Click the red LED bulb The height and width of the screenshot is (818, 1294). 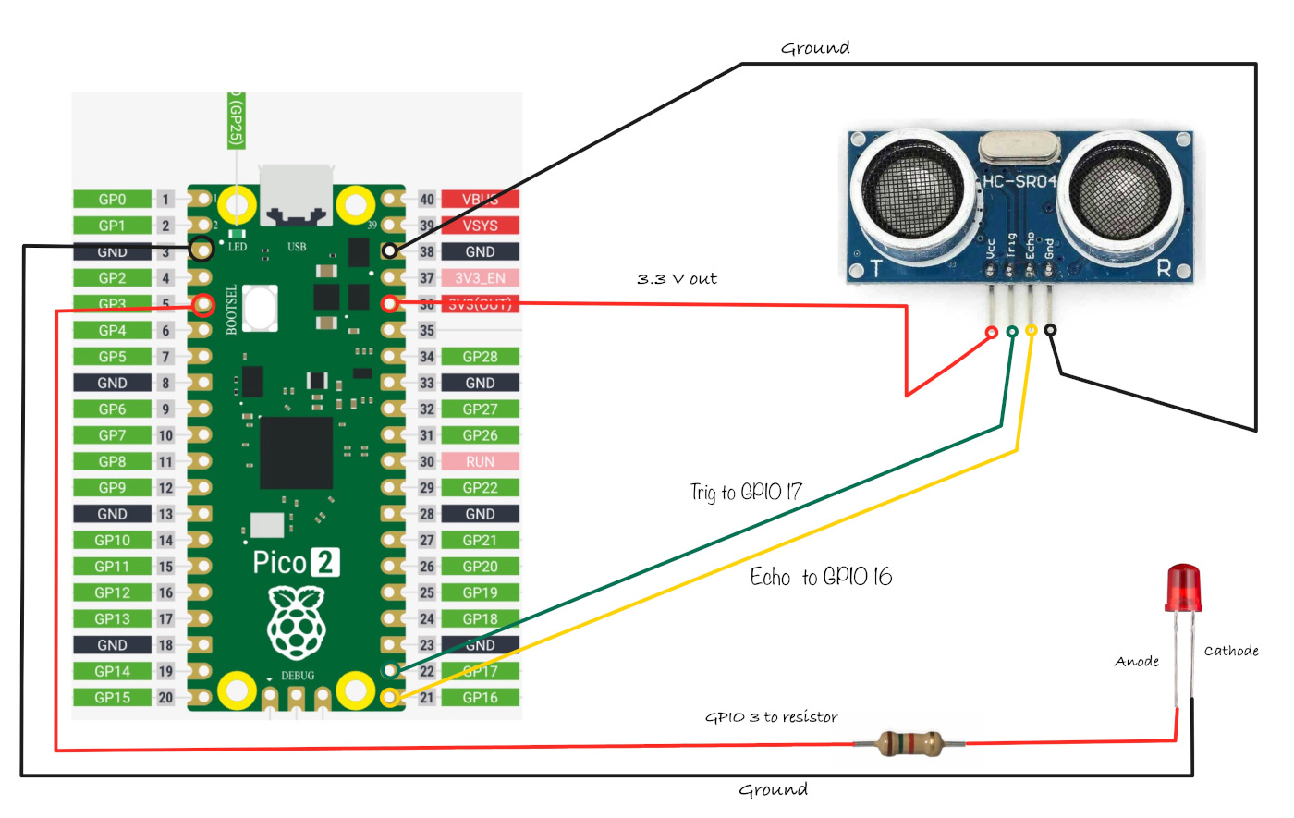pyautogui.click(x=1183, y=588)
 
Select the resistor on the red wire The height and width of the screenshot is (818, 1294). pyautogui.click(x=909, y=743)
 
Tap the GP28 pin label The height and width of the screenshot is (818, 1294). pyautogui.click(x=480, y=357)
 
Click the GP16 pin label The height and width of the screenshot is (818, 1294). pyautogui.click(x=480, y=698)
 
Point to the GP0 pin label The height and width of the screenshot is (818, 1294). pyautogui.click(x=112, y=200)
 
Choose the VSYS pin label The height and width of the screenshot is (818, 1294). pyautogui.click(x=480, y=226)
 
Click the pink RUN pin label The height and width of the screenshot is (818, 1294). pyautogui.click(x=480, y=461)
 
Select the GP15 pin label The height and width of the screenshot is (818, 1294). pyautogui.click(x=112, y=698)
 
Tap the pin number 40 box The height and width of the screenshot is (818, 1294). pyautogui.click(x=426, y=200)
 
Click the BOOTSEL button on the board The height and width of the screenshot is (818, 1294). pyautogui.click(x=262, y=307)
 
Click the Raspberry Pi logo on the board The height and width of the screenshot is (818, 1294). pyautogui.click(x=297, y=621)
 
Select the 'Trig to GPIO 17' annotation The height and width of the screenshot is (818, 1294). pyautogui.click(x=746, y=492)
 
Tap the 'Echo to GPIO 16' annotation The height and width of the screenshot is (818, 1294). pyautogui.click(x=821, y=577)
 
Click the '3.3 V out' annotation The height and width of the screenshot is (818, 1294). pyautogui.click(x=677, y=279)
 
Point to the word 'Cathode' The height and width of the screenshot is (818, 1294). pyautogui.click(x=1231, y=651)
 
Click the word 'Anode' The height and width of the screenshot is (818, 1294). pyautogui.click(x=1137, y=662)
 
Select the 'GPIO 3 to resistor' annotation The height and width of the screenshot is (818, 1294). pyautogui.click(x=771, y=717)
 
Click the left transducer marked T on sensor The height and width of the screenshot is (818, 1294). pyautogui.click(x=913, y=191)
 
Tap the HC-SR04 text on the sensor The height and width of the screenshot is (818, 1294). pyautogui.click(x=1019, y=181)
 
